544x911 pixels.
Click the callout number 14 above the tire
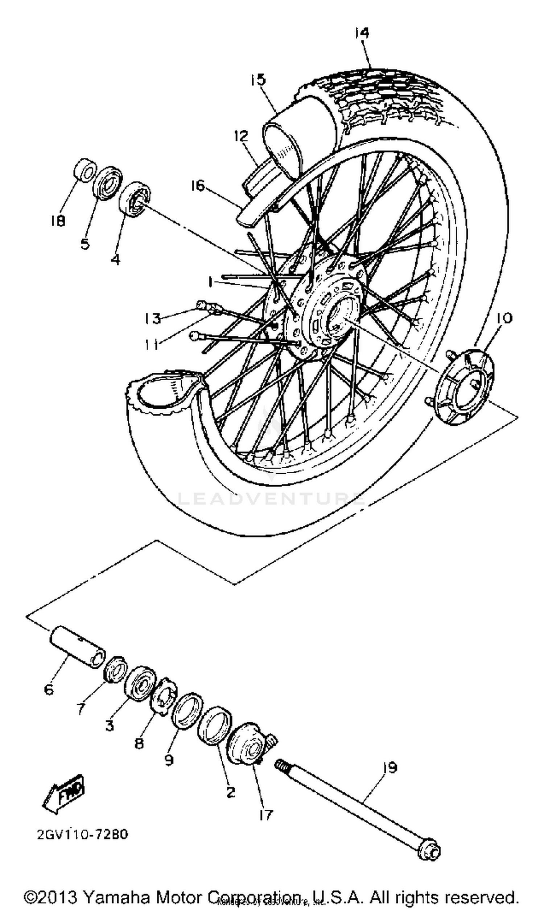pos(362,33)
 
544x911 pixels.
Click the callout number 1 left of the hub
pos(210,282)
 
